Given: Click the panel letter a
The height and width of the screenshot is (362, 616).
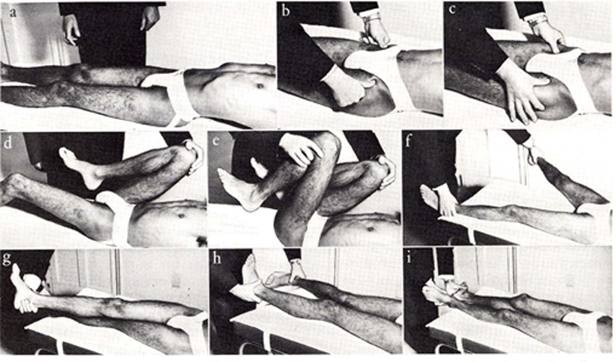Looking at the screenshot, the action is (x=14, y=13).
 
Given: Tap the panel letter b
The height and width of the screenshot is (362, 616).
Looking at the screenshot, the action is (x=286, y=11).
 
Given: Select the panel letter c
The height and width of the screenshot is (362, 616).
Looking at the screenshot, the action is (x=452, y=9).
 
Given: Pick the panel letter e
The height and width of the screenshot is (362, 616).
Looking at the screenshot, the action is (x=215, y=142).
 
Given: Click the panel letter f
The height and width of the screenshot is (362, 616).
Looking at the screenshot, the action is (x=409, y=142).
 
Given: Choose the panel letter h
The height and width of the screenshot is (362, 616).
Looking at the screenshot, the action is (x=216, y=259).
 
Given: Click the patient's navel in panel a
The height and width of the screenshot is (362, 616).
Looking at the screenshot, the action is (x=259, y=86).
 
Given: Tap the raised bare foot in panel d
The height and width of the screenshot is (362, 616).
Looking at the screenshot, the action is (x=81, y=167).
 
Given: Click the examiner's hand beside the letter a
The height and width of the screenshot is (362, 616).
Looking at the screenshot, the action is (x=71, y=30).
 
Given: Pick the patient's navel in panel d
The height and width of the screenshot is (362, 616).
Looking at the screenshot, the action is (x=181, y=216).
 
